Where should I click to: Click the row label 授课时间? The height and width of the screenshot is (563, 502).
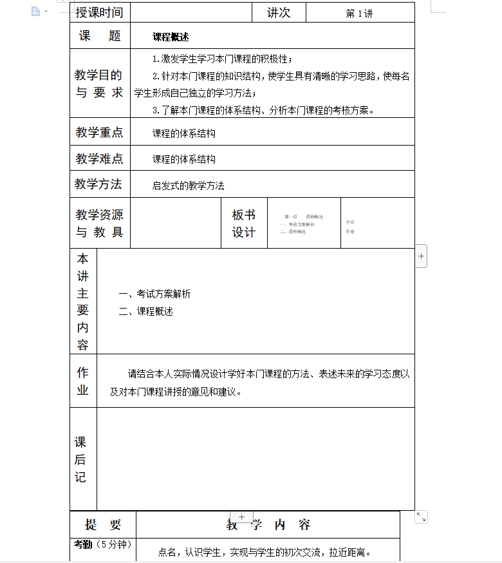click(x=99, y=12)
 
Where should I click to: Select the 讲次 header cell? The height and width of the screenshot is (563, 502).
click(x=278, y=12)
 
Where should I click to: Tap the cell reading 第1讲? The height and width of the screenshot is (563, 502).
click(x=359, y=13)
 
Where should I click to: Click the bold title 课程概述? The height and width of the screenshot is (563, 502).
click(x=171, y=37)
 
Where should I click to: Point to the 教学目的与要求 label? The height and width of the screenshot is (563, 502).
click(x=99, y=84)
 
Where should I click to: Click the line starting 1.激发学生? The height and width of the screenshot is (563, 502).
click(x=222, y=59)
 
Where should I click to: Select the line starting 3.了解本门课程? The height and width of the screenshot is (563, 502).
click(x=263, y=110)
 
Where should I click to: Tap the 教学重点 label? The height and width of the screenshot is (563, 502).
click(x=99, y=132)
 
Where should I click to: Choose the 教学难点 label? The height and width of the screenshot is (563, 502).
click(x=99, y=158)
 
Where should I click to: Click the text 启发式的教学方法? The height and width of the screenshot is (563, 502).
click(x=188, y=186)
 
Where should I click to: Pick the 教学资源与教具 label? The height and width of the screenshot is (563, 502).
click(x=99, y=223)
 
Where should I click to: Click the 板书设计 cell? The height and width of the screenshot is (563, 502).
click(x=243, y=223)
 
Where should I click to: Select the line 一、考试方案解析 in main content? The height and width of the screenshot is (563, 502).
click(x=154, y=294)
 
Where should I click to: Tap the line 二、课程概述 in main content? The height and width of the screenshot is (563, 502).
click(x=146, y=311)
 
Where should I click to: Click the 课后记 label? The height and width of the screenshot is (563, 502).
click(x=80, y=459)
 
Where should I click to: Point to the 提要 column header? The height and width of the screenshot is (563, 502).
click(x=102, y=525)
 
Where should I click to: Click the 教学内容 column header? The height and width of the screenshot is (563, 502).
click(x=268, y=525)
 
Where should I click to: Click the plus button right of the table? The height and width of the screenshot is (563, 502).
click(x=421, y=256)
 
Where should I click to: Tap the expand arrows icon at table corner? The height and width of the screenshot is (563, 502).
click(x=421, y=517)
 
